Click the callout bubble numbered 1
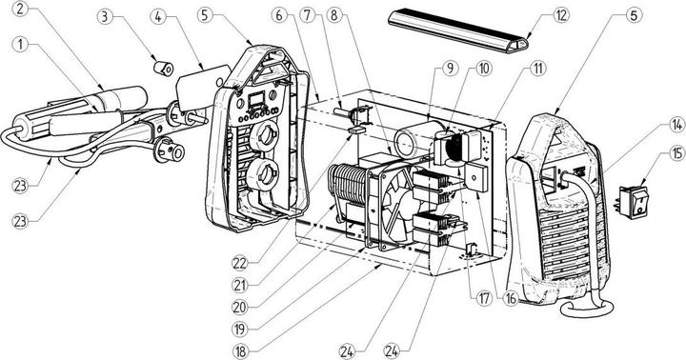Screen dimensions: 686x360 pyautogui.click(x=20, y=45)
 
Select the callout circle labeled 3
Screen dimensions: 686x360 pyautogui.click(x=104, y=17)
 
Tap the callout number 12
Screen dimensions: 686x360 pyautogui.click(x=561, y=15)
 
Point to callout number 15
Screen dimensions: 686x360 pyautogui.click(x=676, y=153)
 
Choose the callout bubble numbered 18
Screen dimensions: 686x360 pyautogui.click(x=239, y=351)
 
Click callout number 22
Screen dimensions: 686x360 pyautogui.click(x=240, y=263)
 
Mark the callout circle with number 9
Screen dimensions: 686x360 pyautogui.click(x=450, y=68)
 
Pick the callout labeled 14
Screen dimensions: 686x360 pyautogui.click(x=677, y=126)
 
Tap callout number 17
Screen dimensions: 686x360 pyautogui.click(x=484, y=299)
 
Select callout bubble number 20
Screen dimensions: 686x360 pyautogui.click(x=239, y=307)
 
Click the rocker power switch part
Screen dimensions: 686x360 pyautogui.click(x=634, y=202)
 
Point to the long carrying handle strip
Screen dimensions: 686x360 pyautogui.click(x=458, y=30)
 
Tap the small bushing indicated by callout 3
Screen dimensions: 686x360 pyautogui.click(x=164, y=68)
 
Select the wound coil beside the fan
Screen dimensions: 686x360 pyautogui.click(x=348, y=186)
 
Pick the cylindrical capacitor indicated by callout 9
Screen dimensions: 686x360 pyautogui.click(x=414, y=139)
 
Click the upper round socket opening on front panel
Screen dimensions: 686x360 pyautogui.click(x=264, y=137)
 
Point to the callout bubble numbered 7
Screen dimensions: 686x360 pyautogui.click(x=308, y=16)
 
